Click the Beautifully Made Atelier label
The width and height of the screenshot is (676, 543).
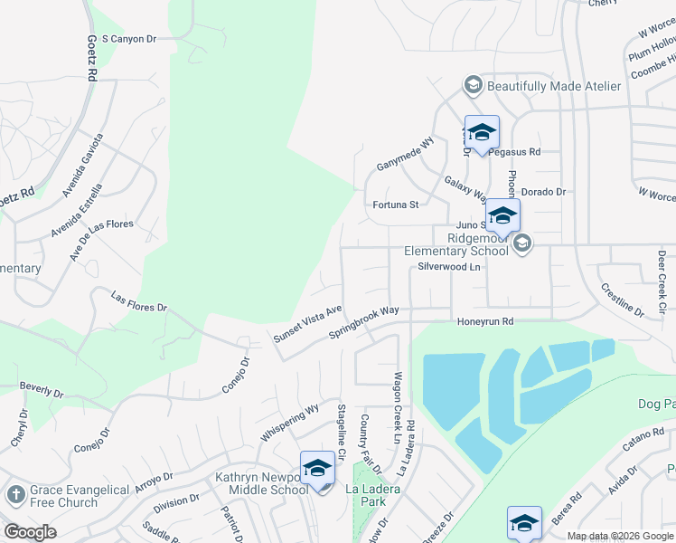(553, 86)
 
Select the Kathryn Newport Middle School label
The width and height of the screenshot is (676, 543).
(262, 483)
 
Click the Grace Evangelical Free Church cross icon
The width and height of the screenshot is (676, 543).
(14, 494)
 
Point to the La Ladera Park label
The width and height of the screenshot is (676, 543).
(372, 494)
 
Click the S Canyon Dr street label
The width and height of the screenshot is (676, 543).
(129, 39)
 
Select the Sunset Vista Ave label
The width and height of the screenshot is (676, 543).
(307, 323)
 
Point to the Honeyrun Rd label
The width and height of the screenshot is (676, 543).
(484, 321)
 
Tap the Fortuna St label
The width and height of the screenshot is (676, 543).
(396, 205)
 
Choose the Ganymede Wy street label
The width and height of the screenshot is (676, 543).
(406, 155)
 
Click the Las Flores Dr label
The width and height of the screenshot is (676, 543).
(139, 301)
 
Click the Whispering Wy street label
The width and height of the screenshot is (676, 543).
(289, 423)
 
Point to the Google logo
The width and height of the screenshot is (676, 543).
(30, 532)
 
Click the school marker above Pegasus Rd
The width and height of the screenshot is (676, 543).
(482, 132)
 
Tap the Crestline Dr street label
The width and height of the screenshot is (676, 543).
(622, 300)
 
